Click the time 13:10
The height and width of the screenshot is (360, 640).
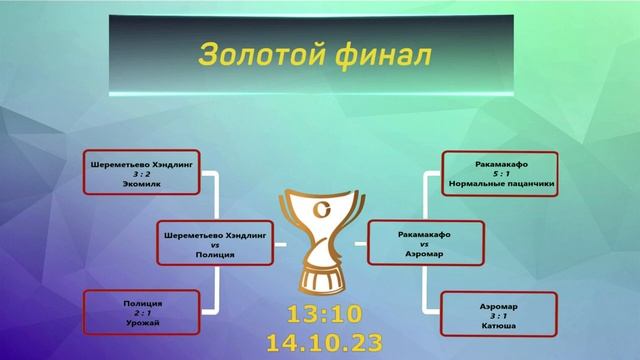coord(323,314)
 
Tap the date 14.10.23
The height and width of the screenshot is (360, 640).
coord(323,343)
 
